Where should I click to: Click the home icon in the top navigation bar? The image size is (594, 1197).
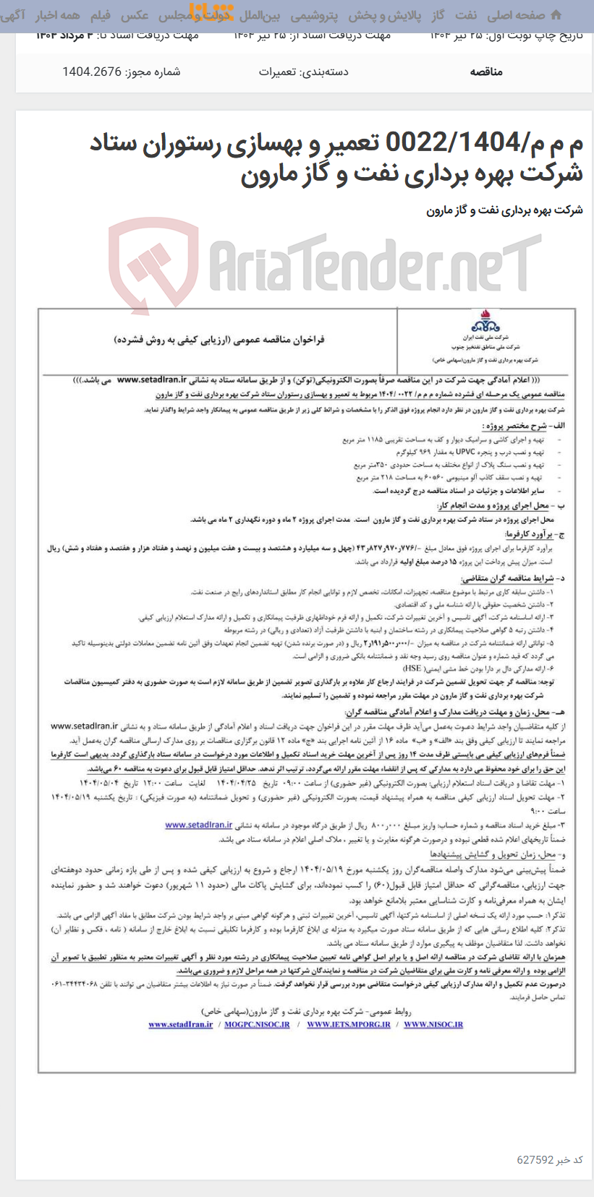click(x=555, y=15)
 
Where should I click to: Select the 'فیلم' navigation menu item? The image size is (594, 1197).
click(x=100, y=15)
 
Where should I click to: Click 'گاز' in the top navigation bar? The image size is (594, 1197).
click(x=438, y=15)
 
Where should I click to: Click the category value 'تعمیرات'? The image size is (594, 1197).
click(x=276, y=72)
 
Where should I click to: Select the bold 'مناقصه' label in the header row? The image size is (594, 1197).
click(x=486, y=72)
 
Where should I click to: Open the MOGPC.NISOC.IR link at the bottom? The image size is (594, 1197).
click(x=255, y=1024)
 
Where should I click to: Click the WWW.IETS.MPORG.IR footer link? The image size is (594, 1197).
click(x=348, y=1024)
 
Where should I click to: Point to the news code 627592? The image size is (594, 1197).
click(x=535, y=1160)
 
